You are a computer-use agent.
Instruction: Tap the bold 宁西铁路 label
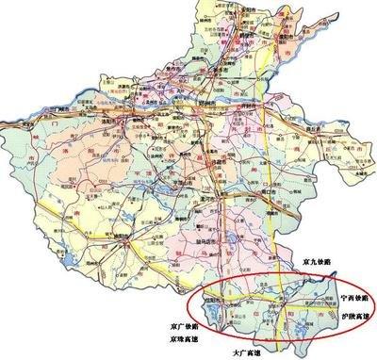354,297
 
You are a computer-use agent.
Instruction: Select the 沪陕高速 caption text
354,312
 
